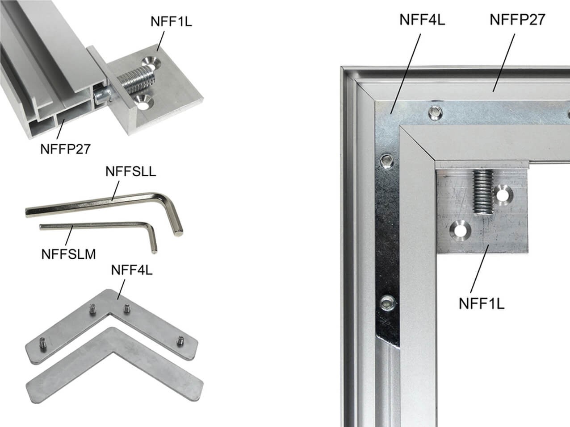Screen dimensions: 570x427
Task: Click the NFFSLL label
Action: [130, 172]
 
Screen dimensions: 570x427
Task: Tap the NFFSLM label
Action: [68, 254]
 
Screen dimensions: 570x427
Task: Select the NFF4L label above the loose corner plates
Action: [132, 270]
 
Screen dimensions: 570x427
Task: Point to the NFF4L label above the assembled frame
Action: [422, 20]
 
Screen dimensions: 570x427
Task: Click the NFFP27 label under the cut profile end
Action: [65, 149]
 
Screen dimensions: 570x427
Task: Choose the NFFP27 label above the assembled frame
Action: [517, 20]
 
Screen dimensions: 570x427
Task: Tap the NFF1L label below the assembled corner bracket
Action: [482, 303]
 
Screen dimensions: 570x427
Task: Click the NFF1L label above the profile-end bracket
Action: [171, 21]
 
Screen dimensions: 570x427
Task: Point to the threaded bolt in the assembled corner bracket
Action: [482, 192]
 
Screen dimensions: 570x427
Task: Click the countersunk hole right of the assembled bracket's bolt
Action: [503, 196]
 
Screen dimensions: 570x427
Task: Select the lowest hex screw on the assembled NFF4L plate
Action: [387, 303]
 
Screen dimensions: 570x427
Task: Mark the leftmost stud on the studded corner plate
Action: [42, 343]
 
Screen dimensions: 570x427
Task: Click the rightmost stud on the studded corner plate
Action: [180, 341]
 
